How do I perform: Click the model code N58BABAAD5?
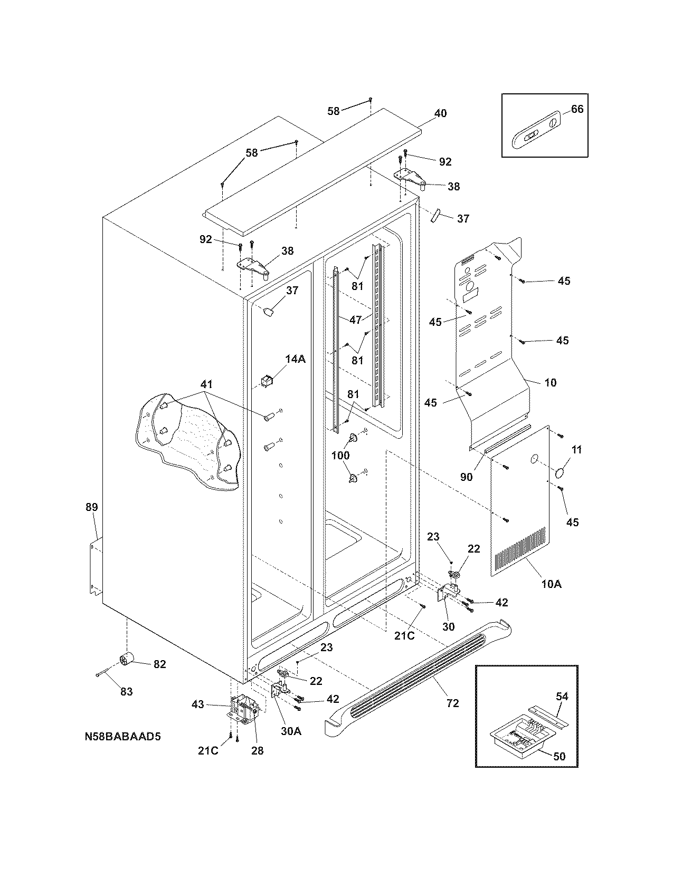(122, 736)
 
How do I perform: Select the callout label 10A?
(551, 584)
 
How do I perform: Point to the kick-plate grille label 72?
(452, 703)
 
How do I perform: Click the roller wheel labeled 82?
(127, 658)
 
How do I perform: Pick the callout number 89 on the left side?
(92, 507)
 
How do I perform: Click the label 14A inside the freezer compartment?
(296, 359)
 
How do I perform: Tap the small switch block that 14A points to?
(268, 380)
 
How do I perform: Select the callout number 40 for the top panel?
(440, 113)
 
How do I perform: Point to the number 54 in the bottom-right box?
(562, 697)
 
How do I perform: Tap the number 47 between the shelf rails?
(356, 320)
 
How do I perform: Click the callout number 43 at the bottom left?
(197, 704)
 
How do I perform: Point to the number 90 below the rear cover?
(466, 477)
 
